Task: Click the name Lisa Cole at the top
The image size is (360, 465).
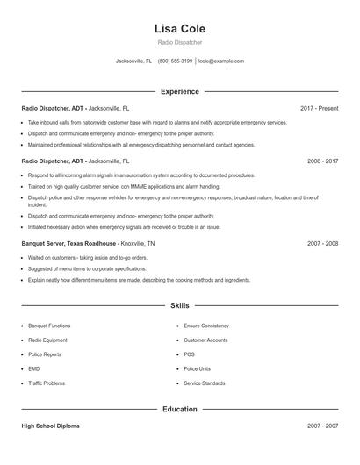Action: pos(179,28)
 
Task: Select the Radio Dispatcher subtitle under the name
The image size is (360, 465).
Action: pos(179,42)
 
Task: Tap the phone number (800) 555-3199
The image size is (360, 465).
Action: pos(175,61)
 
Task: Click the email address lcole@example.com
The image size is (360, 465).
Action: pos(221,61)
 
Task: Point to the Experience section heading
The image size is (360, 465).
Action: pos(179,91)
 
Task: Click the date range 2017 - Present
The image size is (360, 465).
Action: pos(319,108)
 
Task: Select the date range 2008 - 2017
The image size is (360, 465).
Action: pos(322,161)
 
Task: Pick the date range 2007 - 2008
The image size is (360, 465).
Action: pos(322,243)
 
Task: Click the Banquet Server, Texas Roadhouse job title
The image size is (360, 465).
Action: pos(68,243)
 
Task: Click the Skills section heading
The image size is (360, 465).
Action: pos(179,306)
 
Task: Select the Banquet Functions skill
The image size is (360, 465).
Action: pos(49,325)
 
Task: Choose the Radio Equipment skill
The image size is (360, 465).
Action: pos(47,340)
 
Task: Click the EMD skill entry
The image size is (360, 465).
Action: pos(33,368)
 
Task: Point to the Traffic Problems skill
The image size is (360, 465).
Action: pos(47,383)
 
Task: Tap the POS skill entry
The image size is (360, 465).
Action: pos(189,354)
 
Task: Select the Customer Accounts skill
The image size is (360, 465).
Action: pos(205,340)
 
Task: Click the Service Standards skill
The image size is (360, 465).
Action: pos(205,383)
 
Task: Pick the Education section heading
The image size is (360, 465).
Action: pos(179,409)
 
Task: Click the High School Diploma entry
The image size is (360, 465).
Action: pos(50,426)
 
